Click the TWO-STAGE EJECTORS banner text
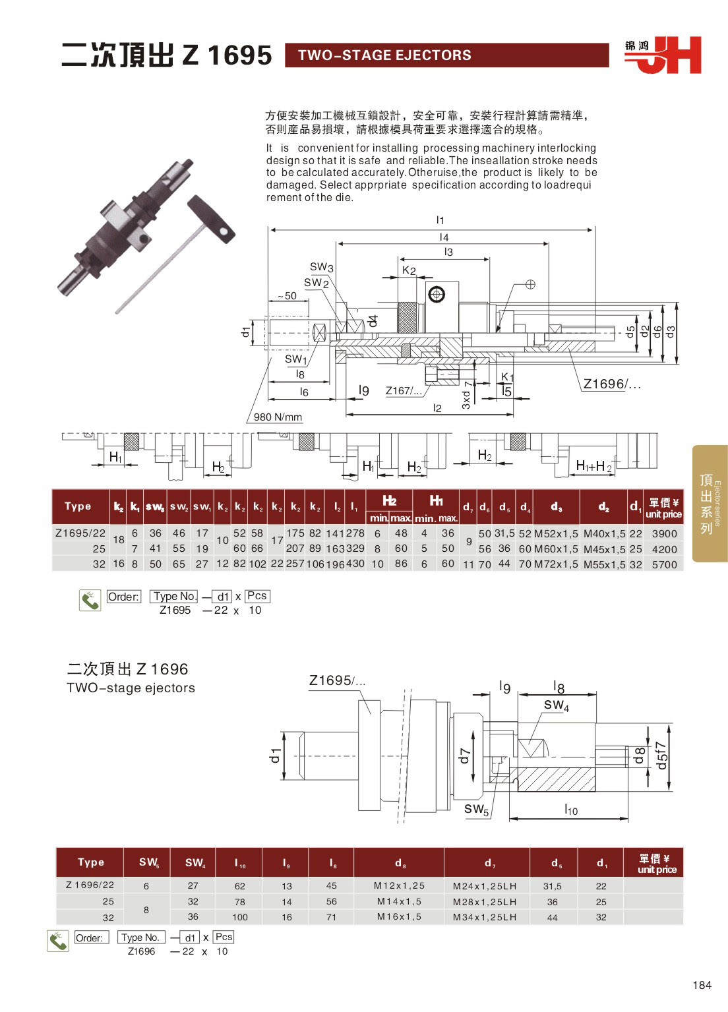coord(384,55)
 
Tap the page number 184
coord(702,985)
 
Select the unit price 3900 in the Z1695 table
coord(664,533)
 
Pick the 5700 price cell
coord(664,564)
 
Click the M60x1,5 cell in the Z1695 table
coord(556,549)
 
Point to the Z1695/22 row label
coord(80,533)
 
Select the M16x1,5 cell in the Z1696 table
coord(399,916)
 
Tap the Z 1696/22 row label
coord(90,885)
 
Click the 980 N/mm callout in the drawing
coord(278,417)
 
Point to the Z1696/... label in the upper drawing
coord(611,384)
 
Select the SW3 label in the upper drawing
coord(322,267)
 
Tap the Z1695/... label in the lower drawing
coord(337,680)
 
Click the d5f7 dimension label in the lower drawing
coord(662,755)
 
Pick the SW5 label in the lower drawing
coord(476,810)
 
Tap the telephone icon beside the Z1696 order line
coord(58,941)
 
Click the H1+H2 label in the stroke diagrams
coord(594,466)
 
